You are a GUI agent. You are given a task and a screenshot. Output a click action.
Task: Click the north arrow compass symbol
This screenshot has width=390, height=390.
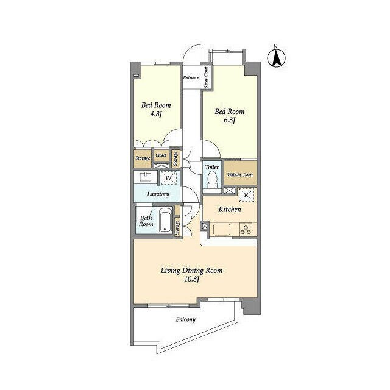[276, 58]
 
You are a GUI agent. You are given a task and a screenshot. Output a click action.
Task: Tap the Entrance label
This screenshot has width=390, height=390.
[191, 77]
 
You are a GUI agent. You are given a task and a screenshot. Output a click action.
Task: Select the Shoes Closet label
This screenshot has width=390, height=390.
[206, 77]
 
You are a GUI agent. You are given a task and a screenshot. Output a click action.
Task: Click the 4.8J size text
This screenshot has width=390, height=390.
[156, 114]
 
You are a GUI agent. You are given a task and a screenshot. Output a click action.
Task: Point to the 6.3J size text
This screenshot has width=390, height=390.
[229, 121]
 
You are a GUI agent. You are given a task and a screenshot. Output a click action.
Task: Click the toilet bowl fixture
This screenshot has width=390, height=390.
[211, 180]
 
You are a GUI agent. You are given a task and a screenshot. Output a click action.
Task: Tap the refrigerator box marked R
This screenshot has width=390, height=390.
[246, 195]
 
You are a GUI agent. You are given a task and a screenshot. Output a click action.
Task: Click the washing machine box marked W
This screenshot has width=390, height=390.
[169, 178]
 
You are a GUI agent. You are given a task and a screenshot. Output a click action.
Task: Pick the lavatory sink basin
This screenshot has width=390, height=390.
[146, 177]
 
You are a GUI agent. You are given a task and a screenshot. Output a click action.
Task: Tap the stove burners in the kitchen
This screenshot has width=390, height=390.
[246, 229]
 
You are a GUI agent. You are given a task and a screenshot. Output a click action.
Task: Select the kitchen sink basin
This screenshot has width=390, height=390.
[221, 229]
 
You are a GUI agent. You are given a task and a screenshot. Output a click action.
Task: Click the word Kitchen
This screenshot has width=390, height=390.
[230, 210]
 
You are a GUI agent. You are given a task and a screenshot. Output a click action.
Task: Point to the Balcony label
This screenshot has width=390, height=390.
[185, 319]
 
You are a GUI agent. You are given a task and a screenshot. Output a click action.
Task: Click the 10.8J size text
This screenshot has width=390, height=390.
[191, 279]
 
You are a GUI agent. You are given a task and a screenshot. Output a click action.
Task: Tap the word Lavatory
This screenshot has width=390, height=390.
[158, 194]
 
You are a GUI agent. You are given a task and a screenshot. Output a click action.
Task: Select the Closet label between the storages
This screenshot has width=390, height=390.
[161, 155]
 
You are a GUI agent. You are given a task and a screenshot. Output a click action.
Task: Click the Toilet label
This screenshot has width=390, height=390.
[212, 167]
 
